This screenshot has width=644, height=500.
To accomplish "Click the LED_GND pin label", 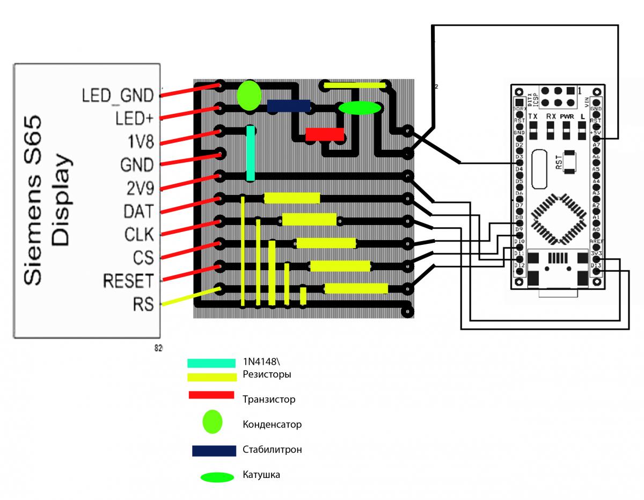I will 118,96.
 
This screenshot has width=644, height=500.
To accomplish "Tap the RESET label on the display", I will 128,281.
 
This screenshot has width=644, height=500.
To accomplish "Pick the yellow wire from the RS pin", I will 191,297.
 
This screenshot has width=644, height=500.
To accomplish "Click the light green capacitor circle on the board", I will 249,96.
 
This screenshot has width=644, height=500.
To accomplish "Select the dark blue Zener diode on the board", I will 289,106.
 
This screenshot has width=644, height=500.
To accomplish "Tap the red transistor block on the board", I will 325,134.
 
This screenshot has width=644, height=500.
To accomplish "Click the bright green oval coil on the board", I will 360,108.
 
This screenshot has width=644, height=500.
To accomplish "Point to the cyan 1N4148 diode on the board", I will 250,153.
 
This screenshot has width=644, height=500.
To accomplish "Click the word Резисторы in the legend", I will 267,374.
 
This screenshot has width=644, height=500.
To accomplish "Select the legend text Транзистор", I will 269,400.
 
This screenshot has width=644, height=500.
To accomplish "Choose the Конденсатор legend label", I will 272,424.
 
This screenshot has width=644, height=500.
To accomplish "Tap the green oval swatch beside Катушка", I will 217,476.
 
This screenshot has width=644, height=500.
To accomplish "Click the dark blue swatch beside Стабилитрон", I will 214,451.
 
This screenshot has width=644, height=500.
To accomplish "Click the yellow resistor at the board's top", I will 355,85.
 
